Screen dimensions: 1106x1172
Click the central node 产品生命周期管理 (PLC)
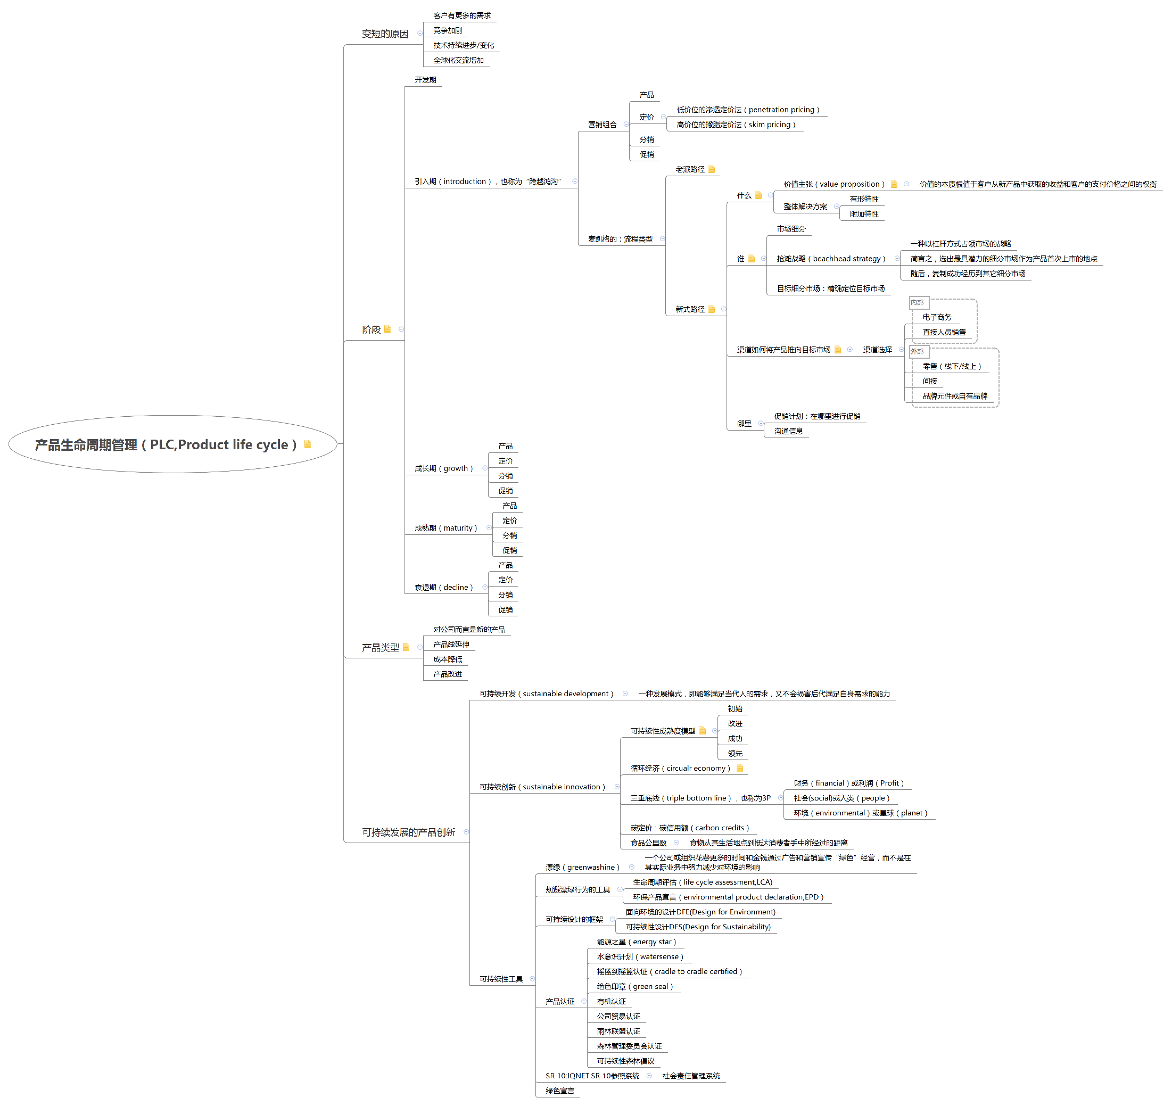[166, 444]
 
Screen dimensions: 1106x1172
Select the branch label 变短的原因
[385, 34]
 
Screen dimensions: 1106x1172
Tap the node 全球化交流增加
[458, 60]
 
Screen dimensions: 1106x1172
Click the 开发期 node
[425, 80]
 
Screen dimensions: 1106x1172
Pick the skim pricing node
[735, 125]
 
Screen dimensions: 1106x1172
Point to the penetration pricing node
[747, 110]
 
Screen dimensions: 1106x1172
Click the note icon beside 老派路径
[712, 169]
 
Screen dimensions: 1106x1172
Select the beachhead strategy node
[830, 258]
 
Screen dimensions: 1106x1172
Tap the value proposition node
[833, 184]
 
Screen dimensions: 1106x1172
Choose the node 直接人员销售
[943, 332]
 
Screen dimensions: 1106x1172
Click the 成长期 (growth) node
[443, 468]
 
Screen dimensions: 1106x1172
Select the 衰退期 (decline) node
[443, 587]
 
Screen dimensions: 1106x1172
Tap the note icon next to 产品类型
[406, 647]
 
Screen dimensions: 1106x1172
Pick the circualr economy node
[680, 768]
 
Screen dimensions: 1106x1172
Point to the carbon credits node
[689, 828]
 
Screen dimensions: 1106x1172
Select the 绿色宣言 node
[559, 1091]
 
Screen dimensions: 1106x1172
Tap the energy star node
[636, 942]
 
